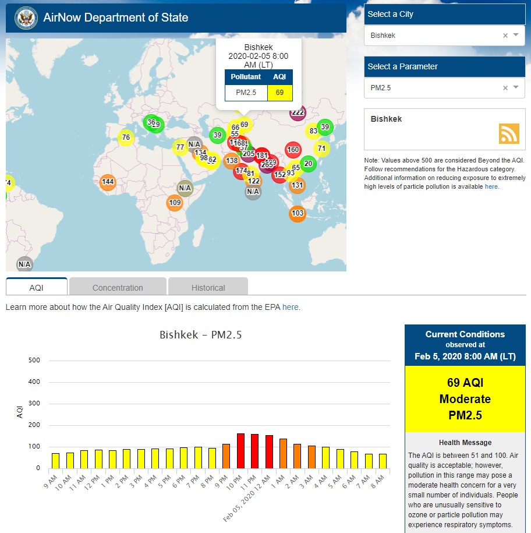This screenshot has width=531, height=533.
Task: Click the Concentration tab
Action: [118, 287]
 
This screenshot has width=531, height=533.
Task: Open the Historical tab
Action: [208, 287]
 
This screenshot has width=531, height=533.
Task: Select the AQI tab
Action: [37, 287]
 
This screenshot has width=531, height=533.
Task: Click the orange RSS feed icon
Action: [508, 133]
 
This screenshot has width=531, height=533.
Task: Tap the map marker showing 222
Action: [298, 112]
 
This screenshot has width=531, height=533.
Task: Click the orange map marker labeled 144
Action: [108, 182]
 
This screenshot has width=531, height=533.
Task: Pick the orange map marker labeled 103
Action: [298, 214]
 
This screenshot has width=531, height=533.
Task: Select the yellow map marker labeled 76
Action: [126, 137]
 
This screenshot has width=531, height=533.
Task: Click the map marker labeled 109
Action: [175, 203]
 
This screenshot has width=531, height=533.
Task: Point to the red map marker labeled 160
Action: [293, 150]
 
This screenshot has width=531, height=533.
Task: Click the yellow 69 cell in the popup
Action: [279, 93]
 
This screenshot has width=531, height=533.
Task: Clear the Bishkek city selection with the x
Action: [505, 36]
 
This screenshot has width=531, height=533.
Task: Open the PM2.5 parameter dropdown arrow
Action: [516, 87]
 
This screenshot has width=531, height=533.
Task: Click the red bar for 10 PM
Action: [240, 451]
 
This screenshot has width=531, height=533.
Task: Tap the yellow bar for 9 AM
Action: [56, 461]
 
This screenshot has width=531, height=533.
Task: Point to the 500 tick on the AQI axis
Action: [34, 361]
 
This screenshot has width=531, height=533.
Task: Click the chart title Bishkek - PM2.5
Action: [201, 335]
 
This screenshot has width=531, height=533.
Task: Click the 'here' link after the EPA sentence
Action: [290, 307]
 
